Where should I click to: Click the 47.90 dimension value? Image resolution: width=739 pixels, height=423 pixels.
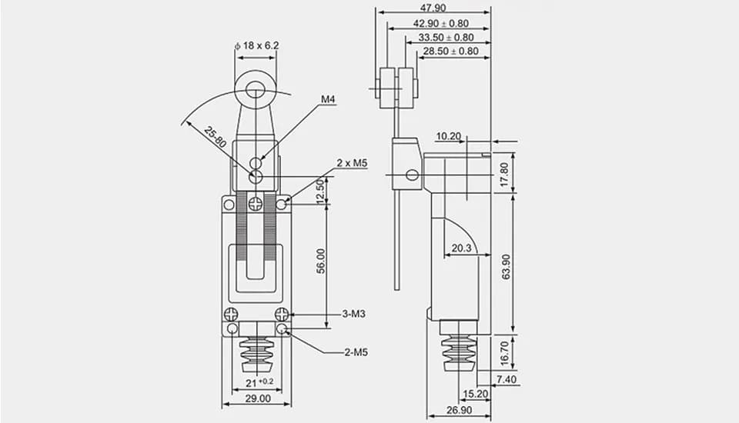433,8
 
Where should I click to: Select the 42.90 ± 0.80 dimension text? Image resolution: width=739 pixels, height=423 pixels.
440,23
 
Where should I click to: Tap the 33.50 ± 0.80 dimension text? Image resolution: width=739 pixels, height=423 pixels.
446,37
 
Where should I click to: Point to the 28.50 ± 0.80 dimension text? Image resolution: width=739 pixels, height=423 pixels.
450,51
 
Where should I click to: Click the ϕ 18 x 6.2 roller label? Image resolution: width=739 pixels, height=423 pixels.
256,45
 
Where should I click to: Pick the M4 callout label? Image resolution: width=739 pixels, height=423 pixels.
328,99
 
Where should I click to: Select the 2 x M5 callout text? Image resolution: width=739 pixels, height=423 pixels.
352,163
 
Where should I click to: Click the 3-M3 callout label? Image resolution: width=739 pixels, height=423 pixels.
353,314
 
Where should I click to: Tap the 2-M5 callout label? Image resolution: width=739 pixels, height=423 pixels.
356,352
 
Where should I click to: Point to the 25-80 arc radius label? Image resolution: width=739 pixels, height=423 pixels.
216,138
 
